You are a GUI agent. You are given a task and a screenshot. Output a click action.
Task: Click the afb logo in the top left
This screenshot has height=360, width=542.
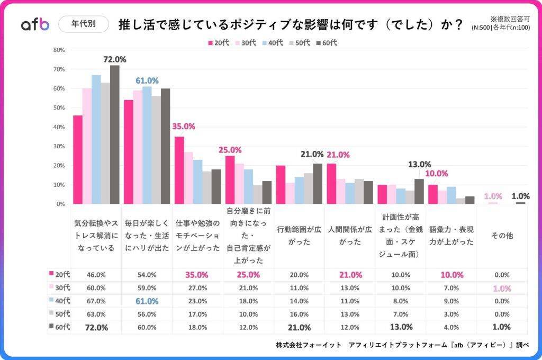pyautogui.click(x=35, y=24)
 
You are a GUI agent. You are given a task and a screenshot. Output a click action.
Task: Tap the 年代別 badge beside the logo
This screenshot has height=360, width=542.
pyautogui.click(x=83, y=24)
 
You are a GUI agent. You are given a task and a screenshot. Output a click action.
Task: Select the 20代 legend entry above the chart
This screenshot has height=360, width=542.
pyautogui.click(x=218, y=43)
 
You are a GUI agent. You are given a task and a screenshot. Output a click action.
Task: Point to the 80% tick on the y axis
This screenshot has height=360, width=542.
pyautogui.click(x=59, y=50)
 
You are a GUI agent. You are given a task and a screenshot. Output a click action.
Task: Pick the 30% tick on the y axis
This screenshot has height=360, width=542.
pyautogui.click(x=59, y=146)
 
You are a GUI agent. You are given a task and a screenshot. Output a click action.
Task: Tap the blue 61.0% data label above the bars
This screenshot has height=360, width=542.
pyautogui.click(x=147, y=80)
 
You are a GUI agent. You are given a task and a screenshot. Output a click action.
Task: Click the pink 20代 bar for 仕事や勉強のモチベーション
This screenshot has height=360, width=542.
pyautogui.click(x=179, y=170)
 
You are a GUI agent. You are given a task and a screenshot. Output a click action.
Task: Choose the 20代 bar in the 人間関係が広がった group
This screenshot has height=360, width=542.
pyautogui.click(x=332, y=183)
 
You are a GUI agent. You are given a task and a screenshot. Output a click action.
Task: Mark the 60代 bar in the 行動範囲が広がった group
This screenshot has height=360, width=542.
pyautogui.click(x=318, y=183)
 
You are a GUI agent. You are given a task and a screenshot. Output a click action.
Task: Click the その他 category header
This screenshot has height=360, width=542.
pyautogui.click(x=502, y=236)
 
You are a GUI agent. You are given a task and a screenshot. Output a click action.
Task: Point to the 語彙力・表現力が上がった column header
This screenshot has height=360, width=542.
pyautogui.click(x=451, y=236)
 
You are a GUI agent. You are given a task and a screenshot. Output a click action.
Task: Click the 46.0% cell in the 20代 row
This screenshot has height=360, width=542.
pyautogui.click(x=96, y=275)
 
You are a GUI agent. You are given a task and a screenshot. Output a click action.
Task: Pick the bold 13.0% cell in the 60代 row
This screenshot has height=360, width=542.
pyautogui.click(x=401, y=327)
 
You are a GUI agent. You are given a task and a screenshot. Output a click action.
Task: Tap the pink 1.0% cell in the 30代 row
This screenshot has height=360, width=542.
pyautogui.click(x=502, y=288)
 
